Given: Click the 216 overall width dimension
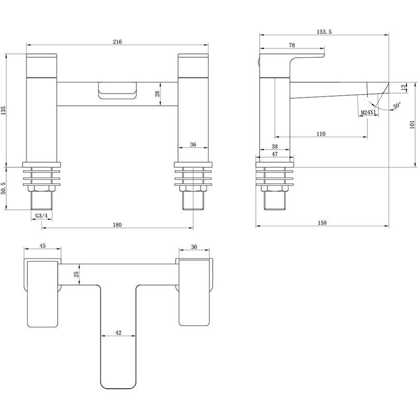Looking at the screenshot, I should (117, 42).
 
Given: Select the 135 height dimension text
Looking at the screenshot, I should (4, 110).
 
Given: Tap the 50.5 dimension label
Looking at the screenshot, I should (4, 189).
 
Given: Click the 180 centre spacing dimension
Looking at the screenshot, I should (117, 225).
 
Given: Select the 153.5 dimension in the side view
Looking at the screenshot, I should (324, 32).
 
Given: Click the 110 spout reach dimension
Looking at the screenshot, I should (320, 134).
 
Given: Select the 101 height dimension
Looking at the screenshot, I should (412, 124).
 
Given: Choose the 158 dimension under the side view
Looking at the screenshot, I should (322, 223).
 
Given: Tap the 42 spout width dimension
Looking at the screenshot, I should (119, 333).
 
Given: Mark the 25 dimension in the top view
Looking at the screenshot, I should (76, 274).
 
